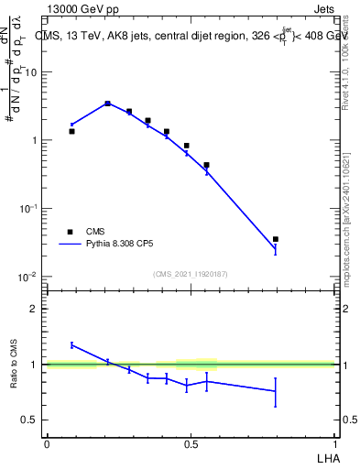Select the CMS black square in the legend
69,232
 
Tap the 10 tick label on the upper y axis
33,72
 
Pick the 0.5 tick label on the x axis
191,444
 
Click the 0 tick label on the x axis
47,444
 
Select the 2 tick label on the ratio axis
36,309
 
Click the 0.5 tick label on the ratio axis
31,420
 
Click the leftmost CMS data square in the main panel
71,131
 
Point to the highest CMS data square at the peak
107,104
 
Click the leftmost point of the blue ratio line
71,344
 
